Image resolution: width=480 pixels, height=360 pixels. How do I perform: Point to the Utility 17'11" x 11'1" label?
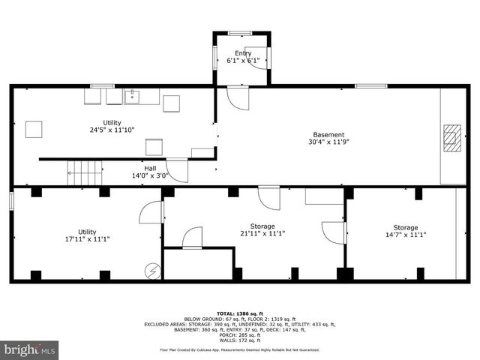[x=87, y=235]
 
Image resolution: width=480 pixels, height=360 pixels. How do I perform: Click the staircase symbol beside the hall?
[x=84, y=173]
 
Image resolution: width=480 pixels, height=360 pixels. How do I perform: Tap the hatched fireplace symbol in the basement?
[x=451, y=137]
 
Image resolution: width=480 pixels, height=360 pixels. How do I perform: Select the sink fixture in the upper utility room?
[x=133, y=96]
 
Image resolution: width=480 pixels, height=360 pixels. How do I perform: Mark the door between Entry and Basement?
[x=238, y=97]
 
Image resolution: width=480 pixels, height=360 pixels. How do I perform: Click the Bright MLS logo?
[x=30, y=349]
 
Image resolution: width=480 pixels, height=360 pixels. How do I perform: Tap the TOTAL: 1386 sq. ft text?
[x=239, y=313]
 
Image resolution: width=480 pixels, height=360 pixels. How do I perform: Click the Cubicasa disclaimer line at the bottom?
[x=239, y=349]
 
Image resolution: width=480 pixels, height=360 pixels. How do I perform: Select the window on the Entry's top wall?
[x=241, y=33]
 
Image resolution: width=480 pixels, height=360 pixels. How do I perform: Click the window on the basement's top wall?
[x=370, y=86]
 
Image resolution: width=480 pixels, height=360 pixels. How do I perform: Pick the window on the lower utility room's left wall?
[x=11, y=202]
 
